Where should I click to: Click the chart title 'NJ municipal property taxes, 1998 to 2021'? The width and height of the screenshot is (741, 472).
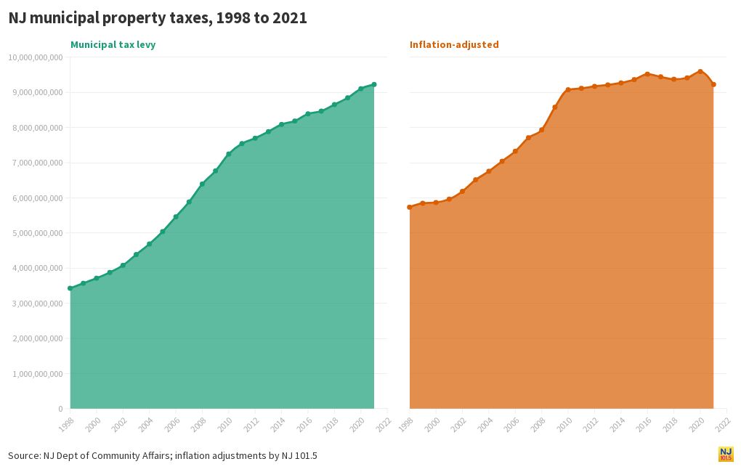(x=158, y=19)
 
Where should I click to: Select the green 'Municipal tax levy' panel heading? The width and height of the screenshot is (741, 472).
(x=113, y=45)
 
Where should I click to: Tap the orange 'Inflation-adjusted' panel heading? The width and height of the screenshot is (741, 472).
(x=454, y=45)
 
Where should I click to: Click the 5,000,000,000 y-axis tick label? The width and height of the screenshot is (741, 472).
(x=37, y=233)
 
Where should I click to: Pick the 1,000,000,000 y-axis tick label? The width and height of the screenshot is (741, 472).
(x=37, y=374)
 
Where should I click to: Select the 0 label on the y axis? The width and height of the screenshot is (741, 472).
(x=60, y=409)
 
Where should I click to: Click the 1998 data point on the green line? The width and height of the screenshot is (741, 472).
(x=70, y=288)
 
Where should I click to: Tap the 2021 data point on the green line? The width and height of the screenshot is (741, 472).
(x=374, y=84)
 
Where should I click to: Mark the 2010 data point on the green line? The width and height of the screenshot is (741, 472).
(x=229, y=154)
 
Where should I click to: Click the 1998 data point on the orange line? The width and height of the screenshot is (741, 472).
(x=410, y=207)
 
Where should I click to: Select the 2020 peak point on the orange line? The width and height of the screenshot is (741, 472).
(x=700, y=71)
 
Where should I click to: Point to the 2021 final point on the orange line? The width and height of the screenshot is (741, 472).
(x=713, y=84)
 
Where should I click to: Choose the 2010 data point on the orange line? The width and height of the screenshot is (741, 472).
(x=568, y=90)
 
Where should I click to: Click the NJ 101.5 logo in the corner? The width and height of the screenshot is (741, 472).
(x=726, y=455)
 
